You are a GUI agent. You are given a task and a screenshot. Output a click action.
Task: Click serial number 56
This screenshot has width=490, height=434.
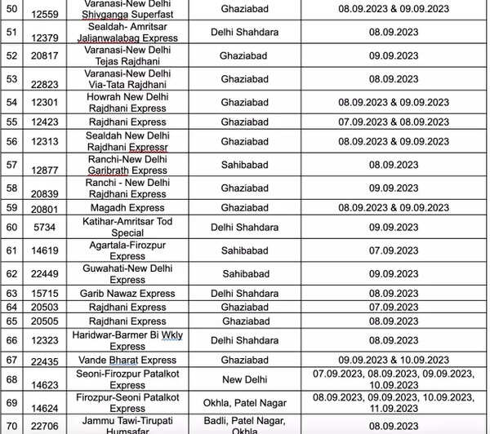click(11, 140)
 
